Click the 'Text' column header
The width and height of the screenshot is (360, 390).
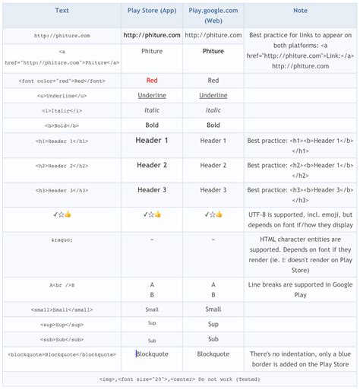click(62, 11)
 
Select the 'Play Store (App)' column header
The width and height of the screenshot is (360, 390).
click(152, 11)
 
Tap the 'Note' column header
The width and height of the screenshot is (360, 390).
click(300, 11)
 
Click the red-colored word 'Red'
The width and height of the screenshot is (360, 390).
click(152, 81)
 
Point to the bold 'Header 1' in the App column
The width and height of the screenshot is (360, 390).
click(152, 141)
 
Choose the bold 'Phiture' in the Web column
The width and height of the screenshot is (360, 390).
click(213, 52)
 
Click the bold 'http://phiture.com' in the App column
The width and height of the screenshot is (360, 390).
click(152, 35)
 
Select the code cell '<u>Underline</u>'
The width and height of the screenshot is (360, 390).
click(62, 96)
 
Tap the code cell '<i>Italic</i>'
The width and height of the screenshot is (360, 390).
click(62, 110)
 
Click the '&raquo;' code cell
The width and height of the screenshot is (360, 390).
click(62, 239)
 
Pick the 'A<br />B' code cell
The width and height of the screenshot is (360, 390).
click(62, 285)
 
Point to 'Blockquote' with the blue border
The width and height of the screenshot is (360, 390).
click(153, 354)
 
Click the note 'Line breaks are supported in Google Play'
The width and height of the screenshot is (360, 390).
click(300, 290)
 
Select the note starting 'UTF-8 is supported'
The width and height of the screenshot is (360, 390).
click(300, 220)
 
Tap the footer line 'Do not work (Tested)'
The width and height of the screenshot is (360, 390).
click(180, 378)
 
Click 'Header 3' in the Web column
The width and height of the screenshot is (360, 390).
click(213, 190)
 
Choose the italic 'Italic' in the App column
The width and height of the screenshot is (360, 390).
click(152, 110)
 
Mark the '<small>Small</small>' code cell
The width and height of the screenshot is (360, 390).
click(62, 309)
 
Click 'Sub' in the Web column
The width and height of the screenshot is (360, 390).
click(213, 339)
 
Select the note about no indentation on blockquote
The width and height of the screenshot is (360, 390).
click(300, 359)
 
